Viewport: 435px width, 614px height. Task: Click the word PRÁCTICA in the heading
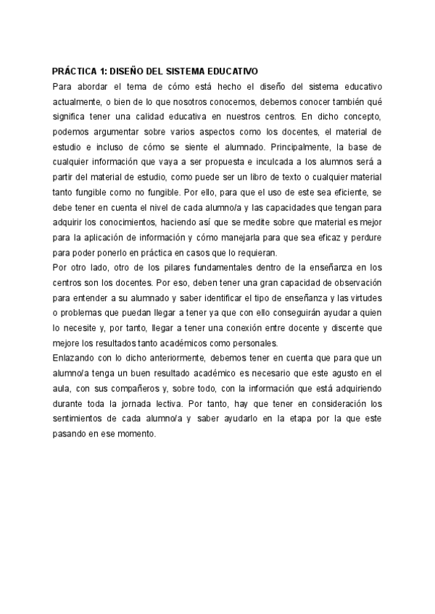pyautogui.click(x=74, y=72)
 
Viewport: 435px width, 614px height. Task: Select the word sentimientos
pyautogui.click(x=84, y=419)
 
